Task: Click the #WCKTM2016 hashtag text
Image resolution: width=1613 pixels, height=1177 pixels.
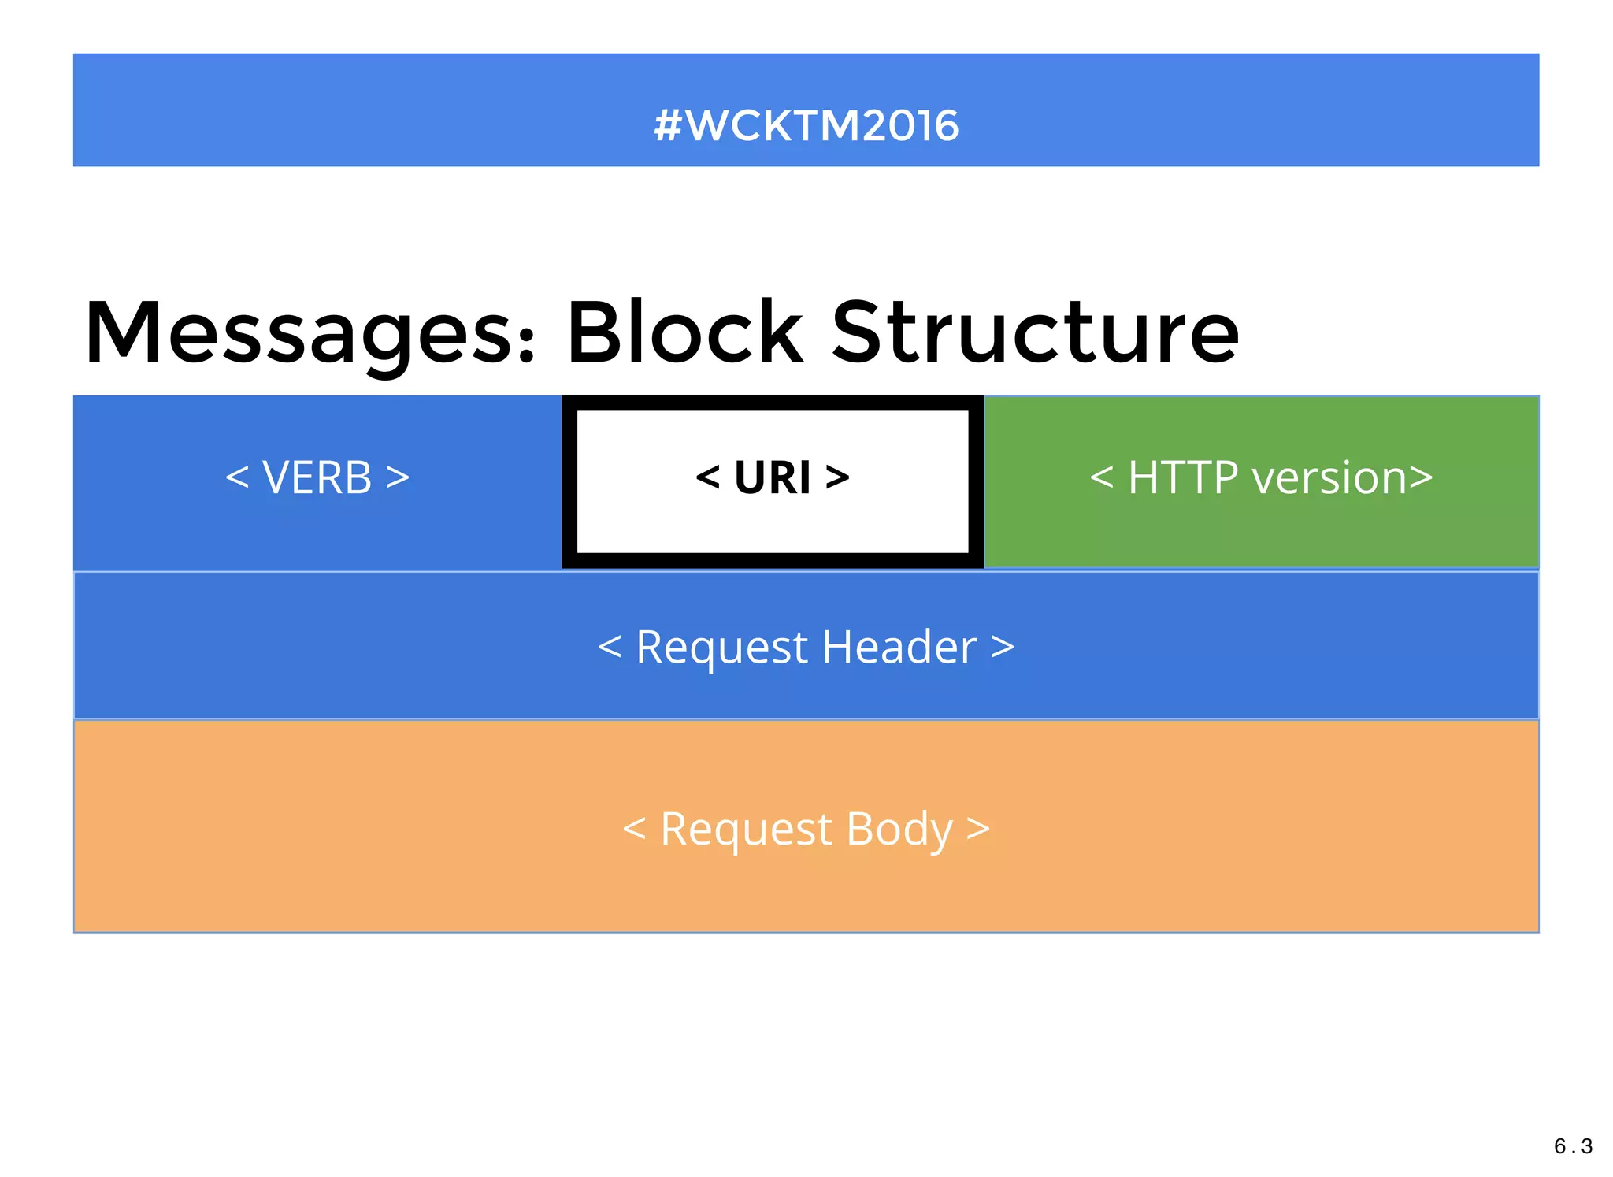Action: point(806,126)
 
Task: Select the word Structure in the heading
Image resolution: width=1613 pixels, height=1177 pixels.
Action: point(1035,334)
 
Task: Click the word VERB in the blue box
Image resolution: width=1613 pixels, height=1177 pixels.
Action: point(317,477)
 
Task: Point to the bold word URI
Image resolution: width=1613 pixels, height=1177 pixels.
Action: point(772,477)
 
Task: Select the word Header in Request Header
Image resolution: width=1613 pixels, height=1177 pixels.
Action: point(899,648)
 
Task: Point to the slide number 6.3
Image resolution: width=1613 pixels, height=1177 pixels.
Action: point(1573,1146)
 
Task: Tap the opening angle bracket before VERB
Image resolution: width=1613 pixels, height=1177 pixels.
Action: point(237,477)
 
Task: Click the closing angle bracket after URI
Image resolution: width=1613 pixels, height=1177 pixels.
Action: point(837,477)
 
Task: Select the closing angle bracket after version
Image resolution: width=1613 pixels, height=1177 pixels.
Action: point(1421,477)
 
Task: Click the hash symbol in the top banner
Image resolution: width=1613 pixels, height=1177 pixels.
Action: point(667,126)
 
